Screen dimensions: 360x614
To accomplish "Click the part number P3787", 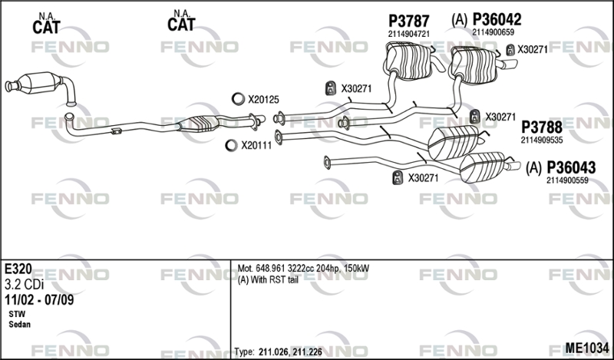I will click(x=409, y=21).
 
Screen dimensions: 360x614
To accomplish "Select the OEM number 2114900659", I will click(x=493, y=31).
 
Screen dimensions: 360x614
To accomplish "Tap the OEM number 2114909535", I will click(x=542, y=140).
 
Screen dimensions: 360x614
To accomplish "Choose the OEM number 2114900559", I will click(x=568, y=180).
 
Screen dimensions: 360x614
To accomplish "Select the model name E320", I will click(x=18, y=270).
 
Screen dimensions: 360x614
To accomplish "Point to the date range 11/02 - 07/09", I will click(x=39, y=299).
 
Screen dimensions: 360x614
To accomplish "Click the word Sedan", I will click(x=19, y=325).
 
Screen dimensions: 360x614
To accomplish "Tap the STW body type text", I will click(x=16, y=315).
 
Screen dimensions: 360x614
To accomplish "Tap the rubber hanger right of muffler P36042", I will click(x=510, y=51).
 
